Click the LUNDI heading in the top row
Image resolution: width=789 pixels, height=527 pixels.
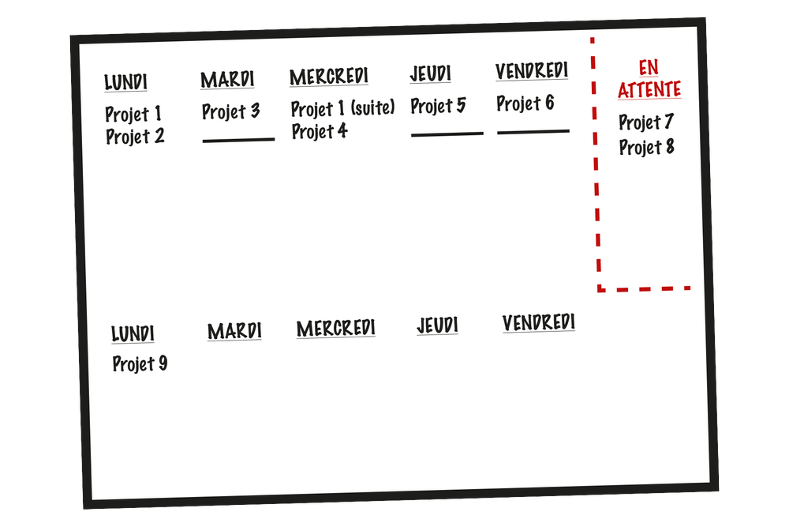point(125,82)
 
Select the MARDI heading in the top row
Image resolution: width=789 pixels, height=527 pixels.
point(227,80)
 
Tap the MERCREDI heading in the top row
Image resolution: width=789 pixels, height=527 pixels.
point(329,77)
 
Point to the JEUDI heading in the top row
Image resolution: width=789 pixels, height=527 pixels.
point(430,74)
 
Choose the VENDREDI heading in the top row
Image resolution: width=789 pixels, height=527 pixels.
point(532,71)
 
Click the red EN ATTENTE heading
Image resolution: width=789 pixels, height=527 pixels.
point(649,79)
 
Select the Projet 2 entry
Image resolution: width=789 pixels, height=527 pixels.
point(135,137)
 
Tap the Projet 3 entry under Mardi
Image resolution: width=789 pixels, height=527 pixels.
point(230,111)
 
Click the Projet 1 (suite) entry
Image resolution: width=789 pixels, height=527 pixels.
point(342,108)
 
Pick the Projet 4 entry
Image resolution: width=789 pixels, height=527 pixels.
point(320,131)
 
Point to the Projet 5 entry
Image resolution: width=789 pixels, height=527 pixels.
point(438,106)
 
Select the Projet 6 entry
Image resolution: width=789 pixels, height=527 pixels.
point(525,104)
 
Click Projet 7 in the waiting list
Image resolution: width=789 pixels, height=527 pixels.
point(645,122)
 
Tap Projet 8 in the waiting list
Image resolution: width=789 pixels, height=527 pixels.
point(646,147)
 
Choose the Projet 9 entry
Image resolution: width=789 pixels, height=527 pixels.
point(140,364)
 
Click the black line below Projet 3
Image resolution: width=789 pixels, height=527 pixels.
point(238,140)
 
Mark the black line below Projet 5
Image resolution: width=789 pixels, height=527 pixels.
point(447,134)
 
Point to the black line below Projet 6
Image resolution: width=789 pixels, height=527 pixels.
point(533,131)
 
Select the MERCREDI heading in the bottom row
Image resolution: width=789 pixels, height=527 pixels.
point(336,328)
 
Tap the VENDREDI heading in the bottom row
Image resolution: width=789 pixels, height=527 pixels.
point(539,322)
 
